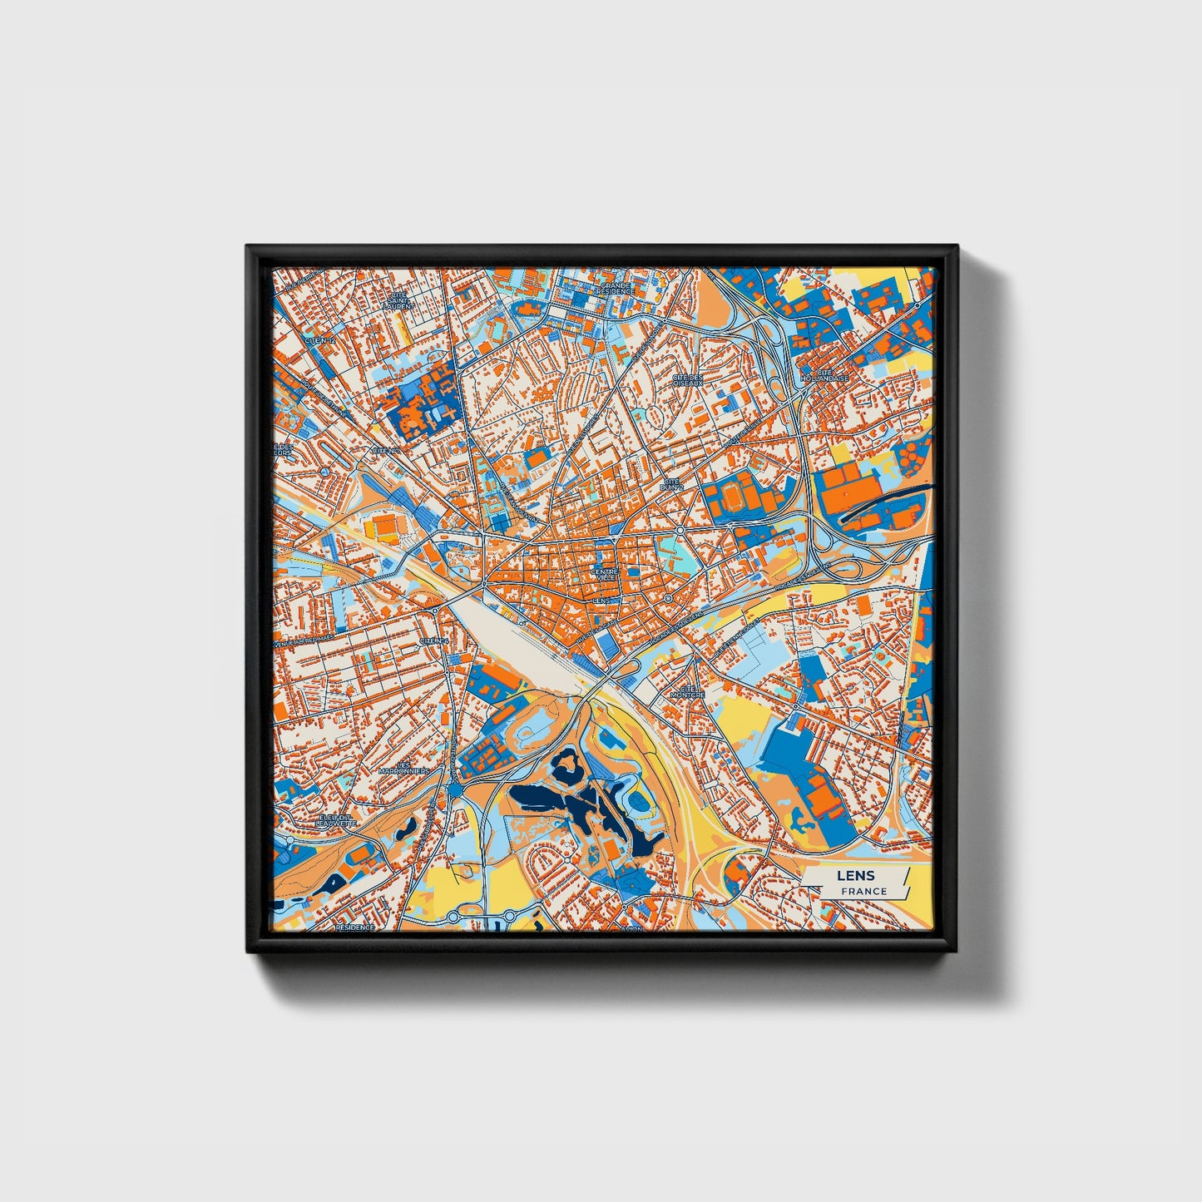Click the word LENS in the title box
click(849, 876)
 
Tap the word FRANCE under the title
click(863, 891)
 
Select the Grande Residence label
click(616, 289)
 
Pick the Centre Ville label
click(605, 575)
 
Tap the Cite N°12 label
click(320, 340)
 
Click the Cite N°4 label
click(433, 641)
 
